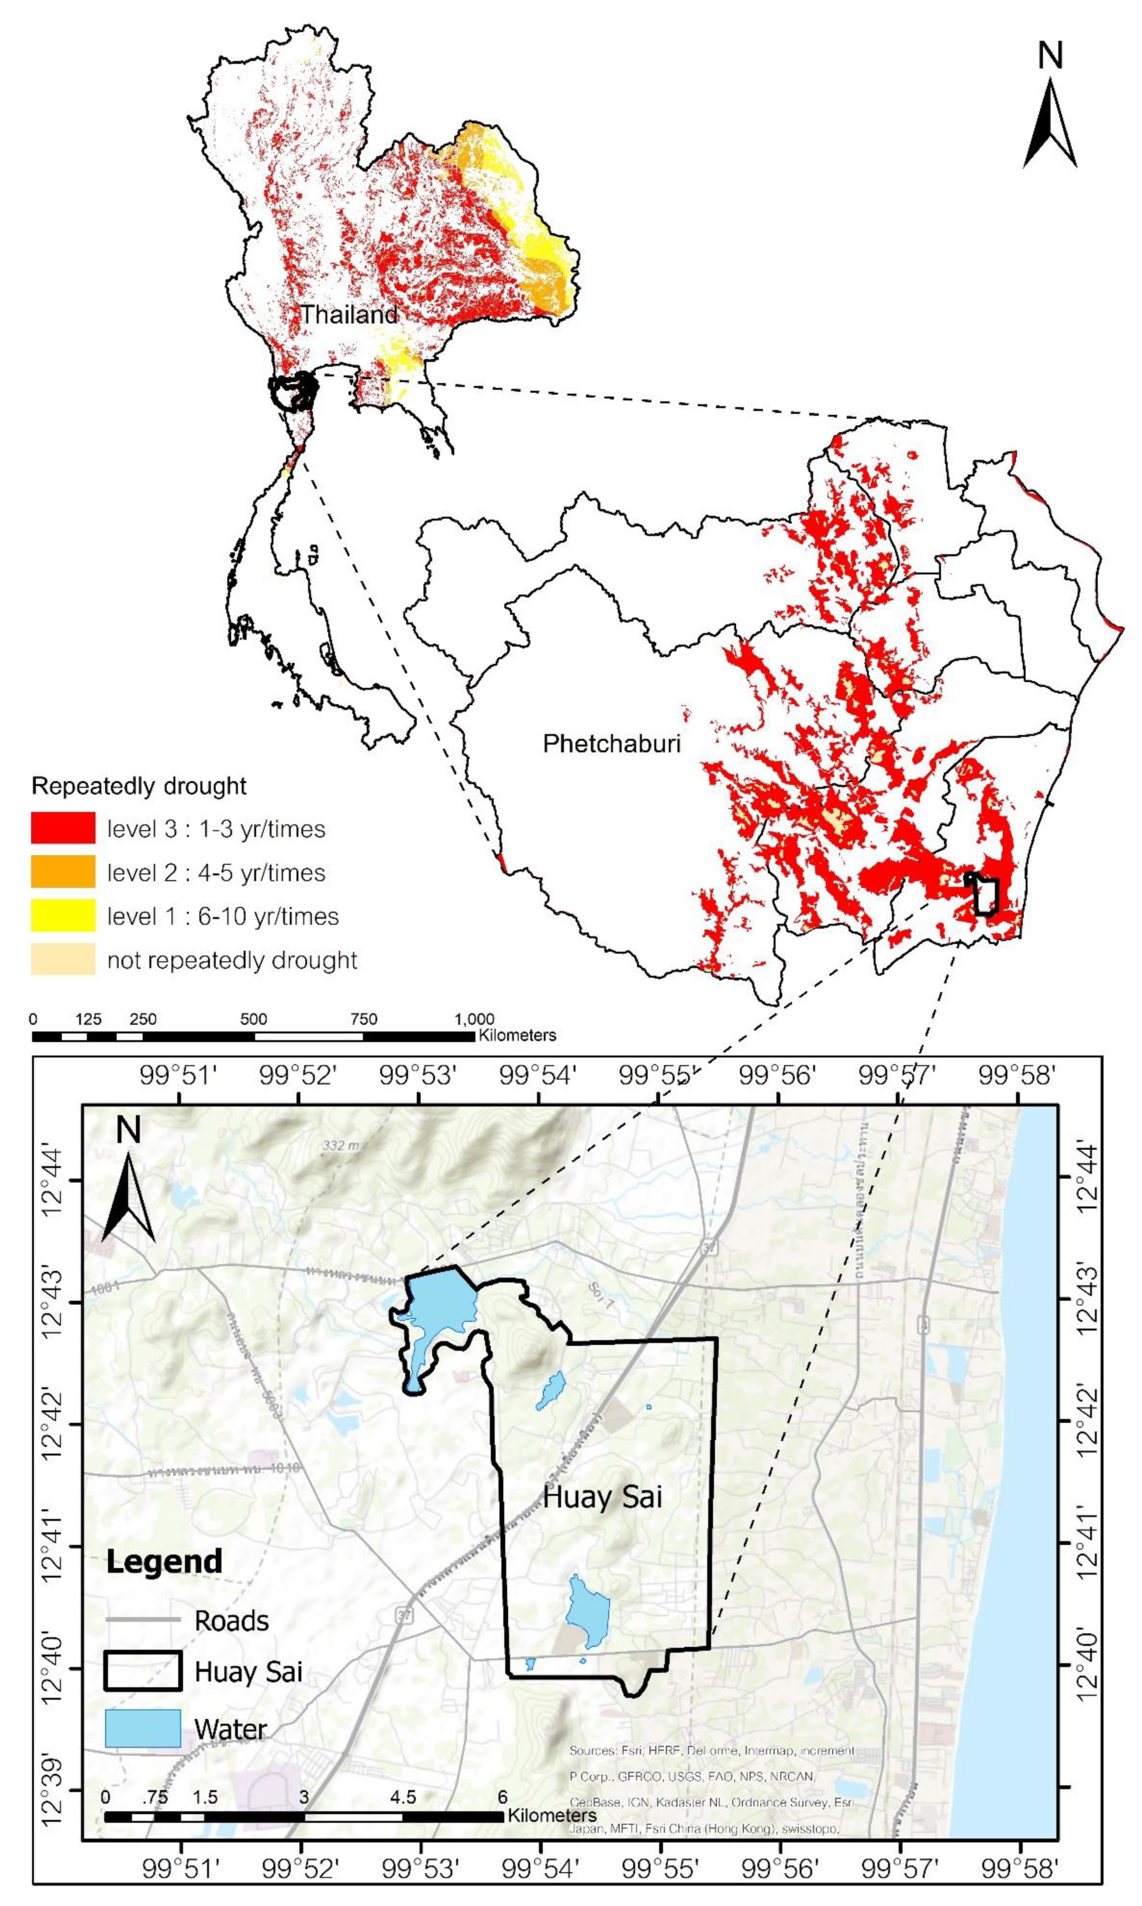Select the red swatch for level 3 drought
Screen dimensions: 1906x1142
click(x=63, y=828)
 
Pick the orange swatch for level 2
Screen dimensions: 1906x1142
click(x=63, y=871)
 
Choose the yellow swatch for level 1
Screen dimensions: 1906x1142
click(x=63, y=916)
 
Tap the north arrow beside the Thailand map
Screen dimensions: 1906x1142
click(x=1050, y=108)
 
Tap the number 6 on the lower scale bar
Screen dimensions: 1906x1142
click(x=502, y=1797)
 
